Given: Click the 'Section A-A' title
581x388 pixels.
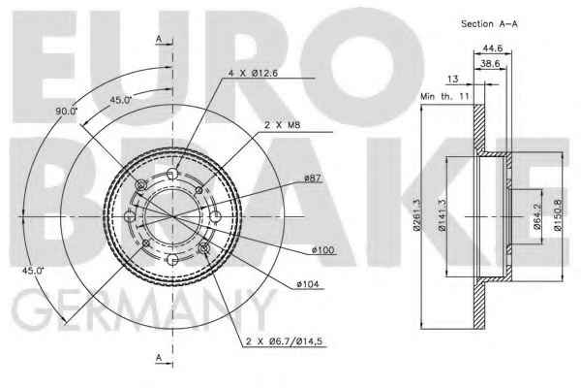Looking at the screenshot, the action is [x=489, y=24].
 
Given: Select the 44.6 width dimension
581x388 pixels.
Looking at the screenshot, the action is [x=493, y=48].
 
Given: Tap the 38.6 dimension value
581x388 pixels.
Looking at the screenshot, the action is [x=490, y=63].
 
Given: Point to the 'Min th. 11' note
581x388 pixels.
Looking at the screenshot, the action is [x=444, y=97].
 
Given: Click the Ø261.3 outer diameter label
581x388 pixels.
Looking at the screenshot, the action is [x=417, y=215].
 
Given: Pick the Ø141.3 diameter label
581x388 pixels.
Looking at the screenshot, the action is [x=443, y=215].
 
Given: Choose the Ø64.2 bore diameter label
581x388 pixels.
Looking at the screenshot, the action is [x=537, y=215].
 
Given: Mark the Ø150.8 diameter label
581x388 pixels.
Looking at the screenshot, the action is [x=558, y=215].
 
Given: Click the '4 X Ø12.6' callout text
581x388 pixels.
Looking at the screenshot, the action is [x=253, y=73].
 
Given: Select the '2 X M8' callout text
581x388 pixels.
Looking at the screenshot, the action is [x=283, y=125].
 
